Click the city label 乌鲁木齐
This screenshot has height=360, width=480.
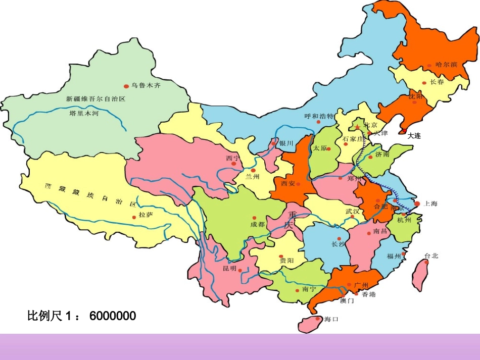tap(146, 86)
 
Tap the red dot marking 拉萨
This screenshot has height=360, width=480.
tap(134, 218)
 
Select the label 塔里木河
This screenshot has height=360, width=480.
tap(83, 114)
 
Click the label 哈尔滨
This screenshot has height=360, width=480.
tap(446, 65)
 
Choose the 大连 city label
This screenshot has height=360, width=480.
tap(414, 136)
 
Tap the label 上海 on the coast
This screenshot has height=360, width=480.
tap(430, 204)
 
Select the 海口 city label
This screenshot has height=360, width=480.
tap(331, 319)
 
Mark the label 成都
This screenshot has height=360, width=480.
tap(257, 224)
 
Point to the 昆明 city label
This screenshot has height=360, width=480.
tap(229, 269)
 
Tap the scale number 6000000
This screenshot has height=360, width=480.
tap(113, 316)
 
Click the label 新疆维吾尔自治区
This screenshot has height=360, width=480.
tap(95, 99)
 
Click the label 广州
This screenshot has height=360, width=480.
tap(361, 285)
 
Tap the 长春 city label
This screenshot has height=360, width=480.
tap(437, 82)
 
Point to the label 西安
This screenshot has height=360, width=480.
tap(288, 183)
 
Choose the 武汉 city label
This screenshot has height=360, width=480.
tap(352, 211)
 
